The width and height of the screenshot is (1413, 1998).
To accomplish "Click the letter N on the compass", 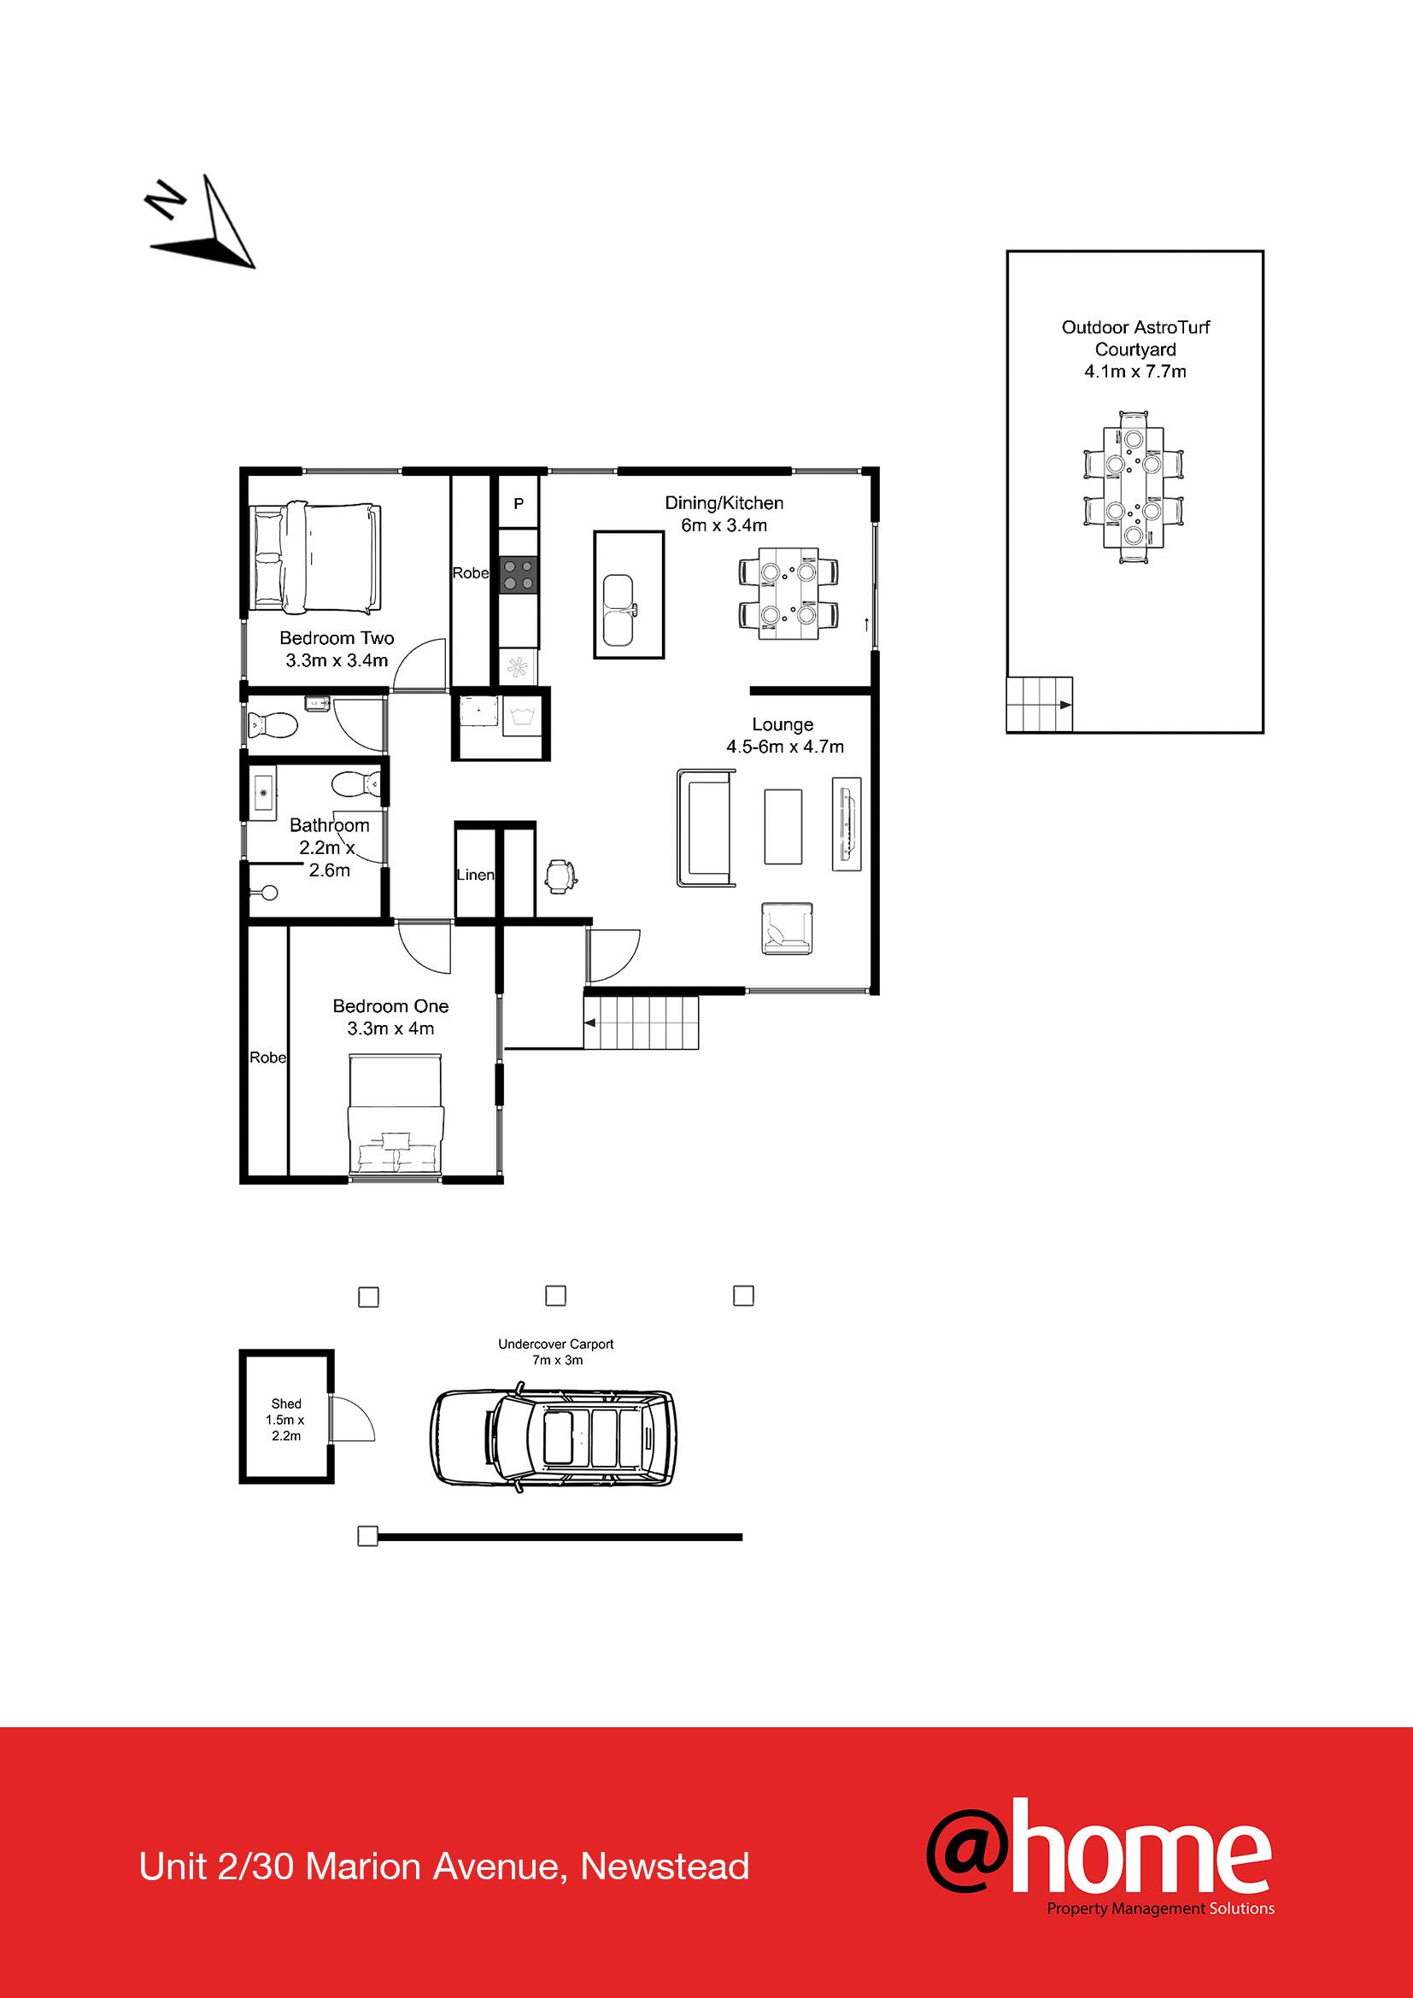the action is tap(166, 201).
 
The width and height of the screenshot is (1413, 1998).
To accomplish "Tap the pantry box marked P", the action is tap(519, 503).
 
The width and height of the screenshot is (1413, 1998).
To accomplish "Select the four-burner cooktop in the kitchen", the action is tap(519, 575).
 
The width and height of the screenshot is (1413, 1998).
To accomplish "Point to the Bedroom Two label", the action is tap(337, 638).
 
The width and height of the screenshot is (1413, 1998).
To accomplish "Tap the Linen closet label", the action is tap(475, 875).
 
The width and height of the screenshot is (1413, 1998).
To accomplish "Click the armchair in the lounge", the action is tap(787, 928).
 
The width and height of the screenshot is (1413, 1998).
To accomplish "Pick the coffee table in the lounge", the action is tap(783, 826).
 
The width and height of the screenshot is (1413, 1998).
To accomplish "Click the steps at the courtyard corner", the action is tap(1039, 704).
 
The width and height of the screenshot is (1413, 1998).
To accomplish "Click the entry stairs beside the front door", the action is tap(642, 1022).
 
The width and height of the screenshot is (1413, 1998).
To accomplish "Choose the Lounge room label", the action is tap(783, 724).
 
